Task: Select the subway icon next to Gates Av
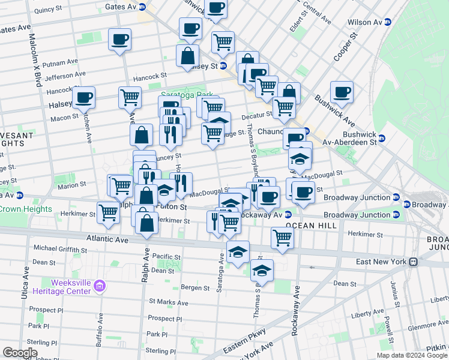coord(142,7)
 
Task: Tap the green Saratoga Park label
coord(179,95)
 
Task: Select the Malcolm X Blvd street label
coord(34,60)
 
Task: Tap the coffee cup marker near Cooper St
coord(342,92)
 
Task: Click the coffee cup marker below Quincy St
coord(119,40)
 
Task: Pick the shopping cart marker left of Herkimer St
coord(108,212)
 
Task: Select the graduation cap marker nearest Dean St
coord(262,271)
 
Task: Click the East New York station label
coord(381,262)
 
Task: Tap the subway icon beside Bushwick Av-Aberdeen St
coord(382,139)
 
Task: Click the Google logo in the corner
coord(20,353)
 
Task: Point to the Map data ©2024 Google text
coord(411,355)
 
